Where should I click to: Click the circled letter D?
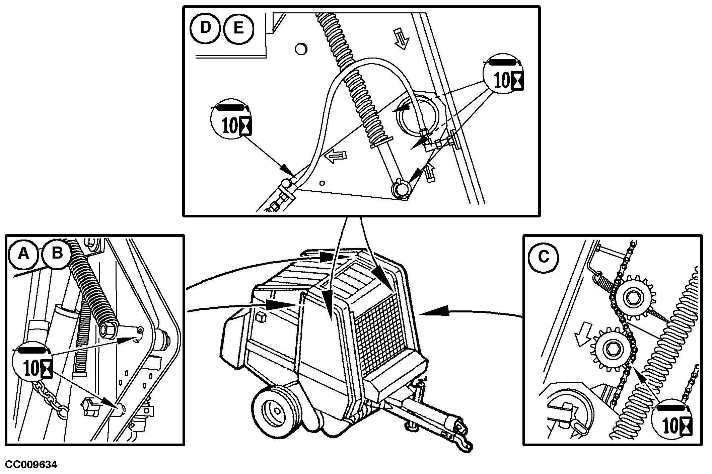tap(205, 28)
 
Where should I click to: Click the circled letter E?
tap(238, 28)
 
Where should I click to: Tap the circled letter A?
tap(23, 254)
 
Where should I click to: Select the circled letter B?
tap(57, 253)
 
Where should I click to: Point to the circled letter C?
tap(543, 257)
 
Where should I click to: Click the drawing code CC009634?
tap(31, 465)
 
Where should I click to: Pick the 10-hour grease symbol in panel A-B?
tap(32, 364)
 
